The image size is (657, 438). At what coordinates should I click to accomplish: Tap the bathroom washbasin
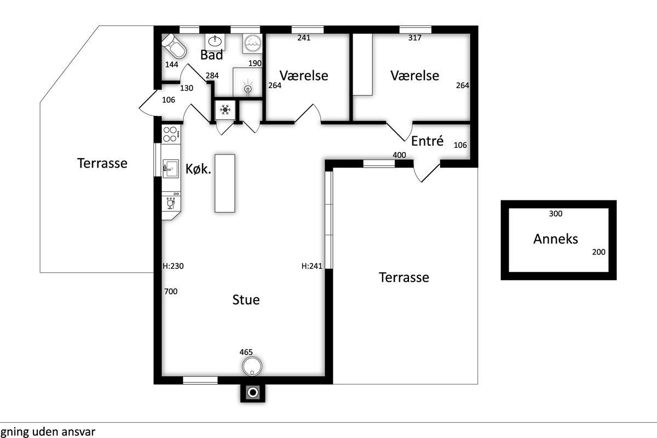[215, 42]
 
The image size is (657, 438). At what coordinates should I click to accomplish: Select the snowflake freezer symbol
[225, 110]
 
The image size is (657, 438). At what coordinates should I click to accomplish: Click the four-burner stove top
[171, 134]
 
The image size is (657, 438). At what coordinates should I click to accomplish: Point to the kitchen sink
[170, 169]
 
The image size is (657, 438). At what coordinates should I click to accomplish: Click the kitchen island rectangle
[225, 183]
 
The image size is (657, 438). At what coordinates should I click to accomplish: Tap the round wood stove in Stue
[252, 366]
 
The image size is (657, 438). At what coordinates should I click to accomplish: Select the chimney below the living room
[253, 393]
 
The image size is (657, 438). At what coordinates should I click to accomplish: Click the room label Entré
[427, 141]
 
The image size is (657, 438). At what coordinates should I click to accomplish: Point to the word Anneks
[556, 239]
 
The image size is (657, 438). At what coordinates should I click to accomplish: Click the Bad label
[211, 55]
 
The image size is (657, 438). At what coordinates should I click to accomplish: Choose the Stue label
[246, 300]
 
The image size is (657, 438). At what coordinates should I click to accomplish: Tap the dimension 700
[171, 291]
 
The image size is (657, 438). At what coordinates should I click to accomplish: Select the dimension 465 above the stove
[246, 352]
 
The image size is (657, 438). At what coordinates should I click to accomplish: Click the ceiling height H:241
[312, 266]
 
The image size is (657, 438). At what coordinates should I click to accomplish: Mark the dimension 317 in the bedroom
[415, 38]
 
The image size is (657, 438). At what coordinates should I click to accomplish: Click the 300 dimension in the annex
[556, 214]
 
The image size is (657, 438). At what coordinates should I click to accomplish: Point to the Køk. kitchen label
[198, 169]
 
